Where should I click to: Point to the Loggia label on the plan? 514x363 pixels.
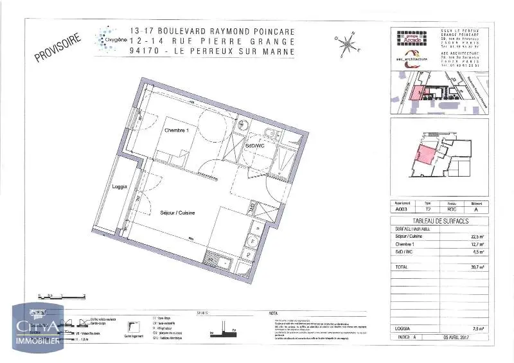[x=119, y=187]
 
